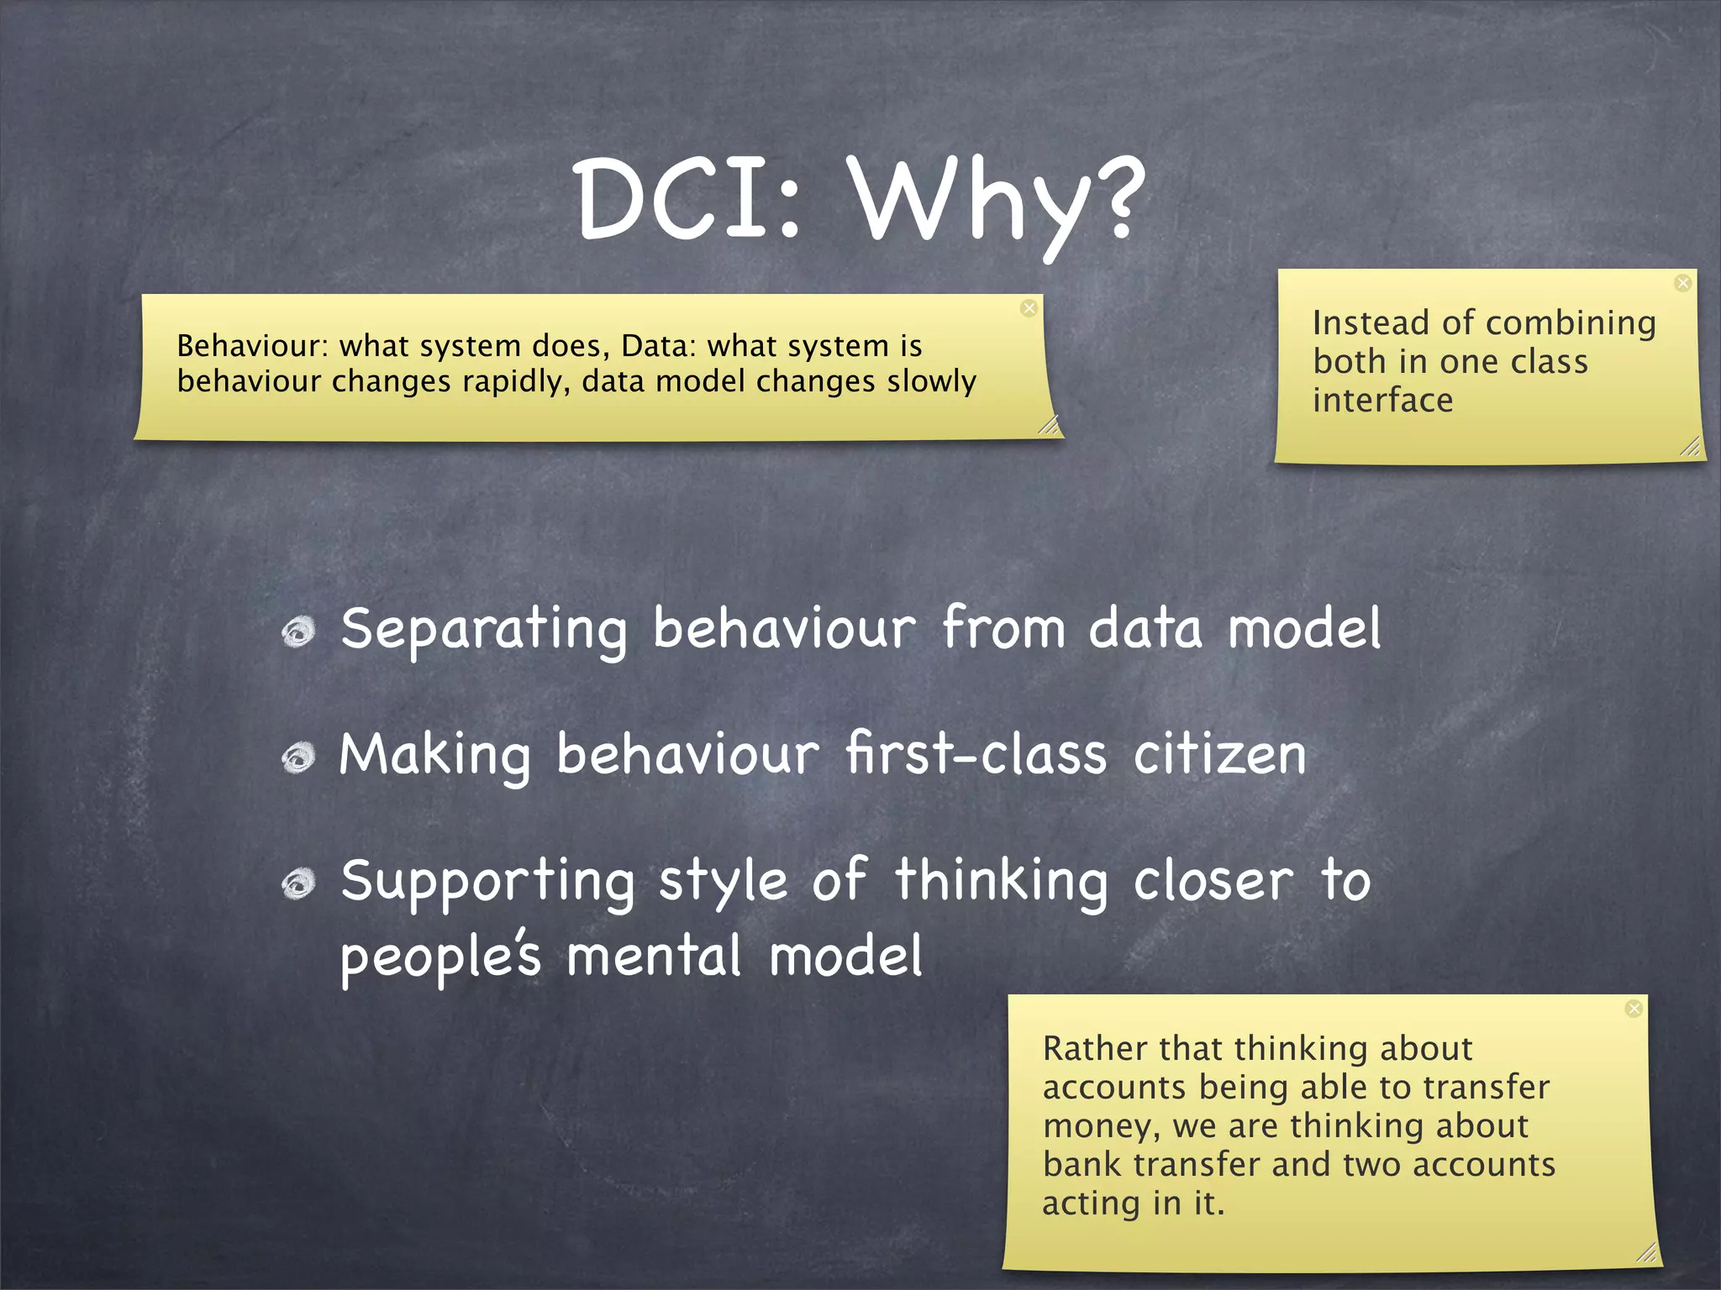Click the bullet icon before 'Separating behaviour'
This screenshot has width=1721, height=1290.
[298, 632]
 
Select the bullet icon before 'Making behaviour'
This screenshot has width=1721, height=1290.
[298, 758]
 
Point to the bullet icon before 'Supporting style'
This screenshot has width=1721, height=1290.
[298, 884]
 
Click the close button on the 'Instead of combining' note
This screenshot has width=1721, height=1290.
[1682, 283]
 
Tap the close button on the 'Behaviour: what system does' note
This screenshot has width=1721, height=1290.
[1029, 308]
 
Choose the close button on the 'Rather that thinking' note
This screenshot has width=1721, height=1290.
[1634, 1009]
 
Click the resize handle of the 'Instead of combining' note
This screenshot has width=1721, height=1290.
[1690, 447]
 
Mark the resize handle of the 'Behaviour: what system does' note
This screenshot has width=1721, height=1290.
[1048, 425]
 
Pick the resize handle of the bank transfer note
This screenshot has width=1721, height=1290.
[1647, 1252]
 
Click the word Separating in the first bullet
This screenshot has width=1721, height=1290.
[484, 630]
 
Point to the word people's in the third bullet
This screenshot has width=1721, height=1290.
[440, 957]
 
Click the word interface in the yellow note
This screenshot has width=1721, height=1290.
[1382, 401]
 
